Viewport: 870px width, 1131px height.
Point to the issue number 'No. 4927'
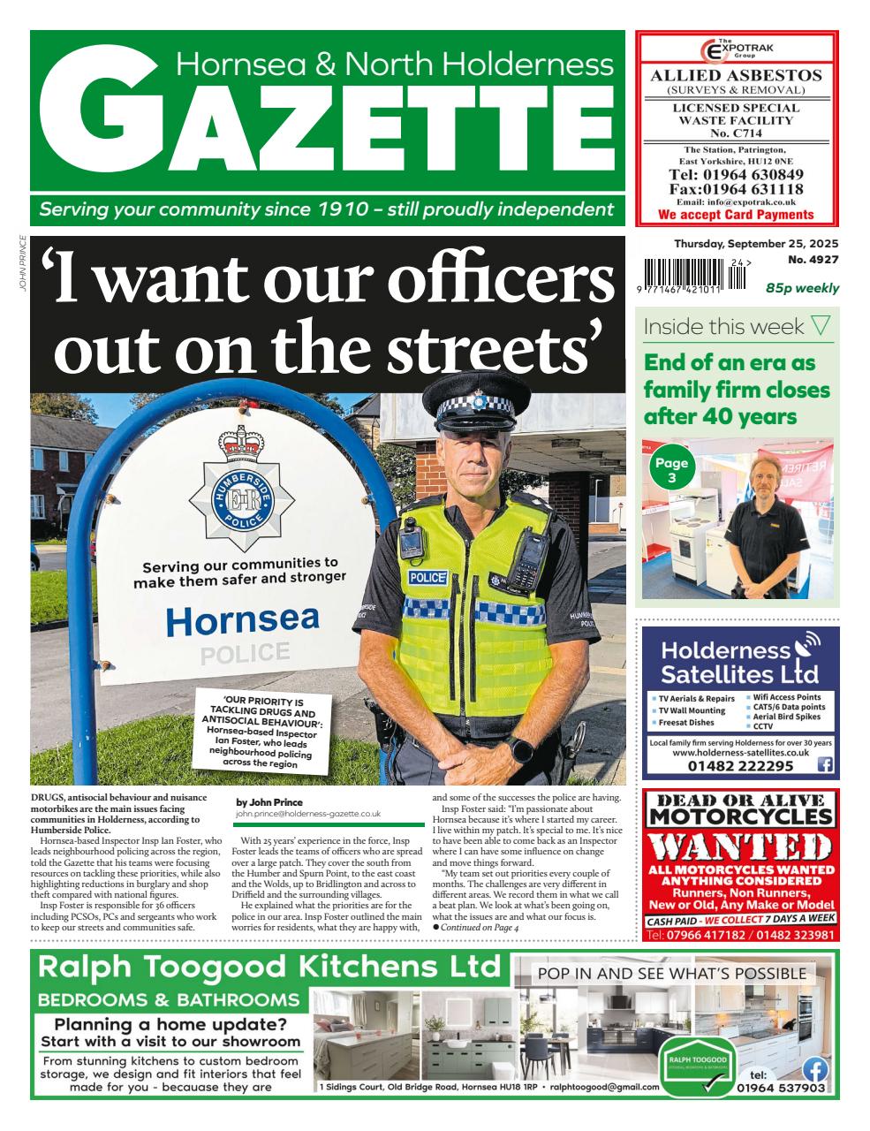click(813, 260)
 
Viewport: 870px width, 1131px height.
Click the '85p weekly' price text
click(802, 288)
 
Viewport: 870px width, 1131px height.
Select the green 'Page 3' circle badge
click(671, 470)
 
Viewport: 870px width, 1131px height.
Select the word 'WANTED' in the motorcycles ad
click(739, 848)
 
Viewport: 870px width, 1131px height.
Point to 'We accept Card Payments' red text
click(736, 215)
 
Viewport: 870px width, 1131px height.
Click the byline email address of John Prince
click(308, 813)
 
